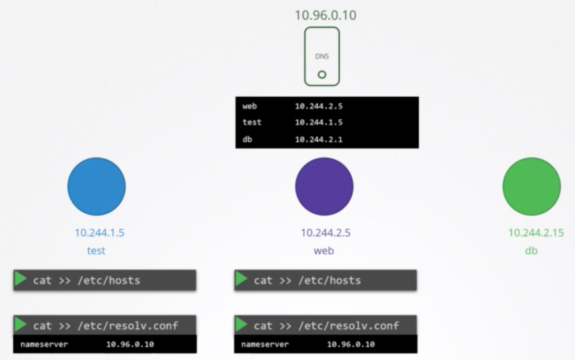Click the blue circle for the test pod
pos(97,187)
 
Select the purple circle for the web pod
pos(324,187)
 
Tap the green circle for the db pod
pos(532,187)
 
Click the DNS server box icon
pos(322,57)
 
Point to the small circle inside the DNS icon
pos(322,75)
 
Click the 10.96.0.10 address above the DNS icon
pos(326,15)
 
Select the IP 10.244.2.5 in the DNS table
pos(319,106)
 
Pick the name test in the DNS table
pos(252,122)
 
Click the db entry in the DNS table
pos(248,139)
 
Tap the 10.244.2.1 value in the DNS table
pos(319,139)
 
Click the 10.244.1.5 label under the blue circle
pos(100,233)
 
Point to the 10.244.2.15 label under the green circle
pos(536,233)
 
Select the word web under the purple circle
pos(324,251)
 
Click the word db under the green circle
pos(531,251)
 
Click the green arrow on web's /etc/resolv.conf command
pos(241,324)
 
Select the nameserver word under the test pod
pos(44,345)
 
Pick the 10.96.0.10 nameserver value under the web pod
pos(351,345)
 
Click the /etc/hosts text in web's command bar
pos(330,281)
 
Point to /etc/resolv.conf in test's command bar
pos(128,326)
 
